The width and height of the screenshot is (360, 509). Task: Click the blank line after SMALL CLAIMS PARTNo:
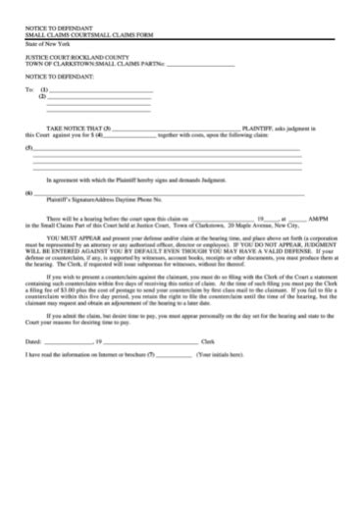click(x=202, y=65)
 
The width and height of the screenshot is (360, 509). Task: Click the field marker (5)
click(x=28, y=148)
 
